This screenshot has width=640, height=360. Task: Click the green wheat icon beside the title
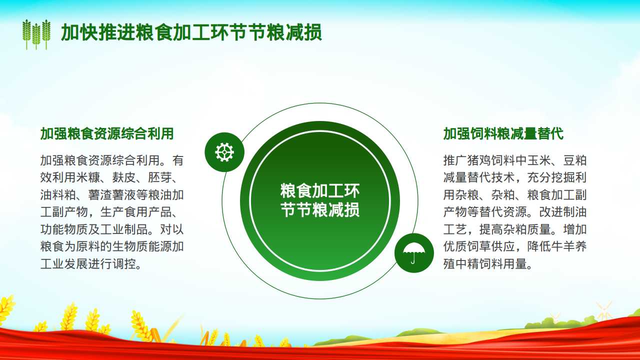[x=36, y=34]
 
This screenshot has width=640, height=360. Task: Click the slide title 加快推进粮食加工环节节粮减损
[x=191, y=32]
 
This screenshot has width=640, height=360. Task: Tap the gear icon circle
[x=224, y=152]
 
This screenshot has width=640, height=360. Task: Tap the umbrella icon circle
[x=414, y=253]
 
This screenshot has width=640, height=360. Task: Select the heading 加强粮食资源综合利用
[x=107, y=133]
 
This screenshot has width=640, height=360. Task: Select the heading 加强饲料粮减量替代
[x=503, y=133]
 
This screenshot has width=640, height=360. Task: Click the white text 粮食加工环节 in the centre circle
[x=320, y=191]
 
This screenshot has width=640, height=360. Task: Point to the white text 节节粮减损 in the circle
[x=320, y=210]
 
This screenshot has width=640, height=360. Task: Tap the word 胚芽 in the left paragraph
[x=160, y=177]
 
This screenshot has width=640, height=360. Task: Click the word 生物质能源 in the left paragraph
[x=142, y=246]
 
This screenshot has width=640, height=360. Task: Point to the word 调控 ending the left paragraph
[x=124, y=263]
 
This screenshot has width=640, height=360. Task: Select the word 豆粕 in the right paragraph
[x=575, y=160]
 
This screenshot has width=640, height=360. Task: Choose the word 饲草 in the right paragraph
[x=479, y=246]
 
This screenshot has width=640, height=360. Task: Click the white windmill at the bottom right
[x=603, y=310]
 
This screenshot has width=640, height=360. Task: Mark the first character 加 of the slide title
[x=70, y=32]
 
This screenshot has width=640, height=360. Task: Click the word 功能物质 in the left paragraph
[x=64, y=229]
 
